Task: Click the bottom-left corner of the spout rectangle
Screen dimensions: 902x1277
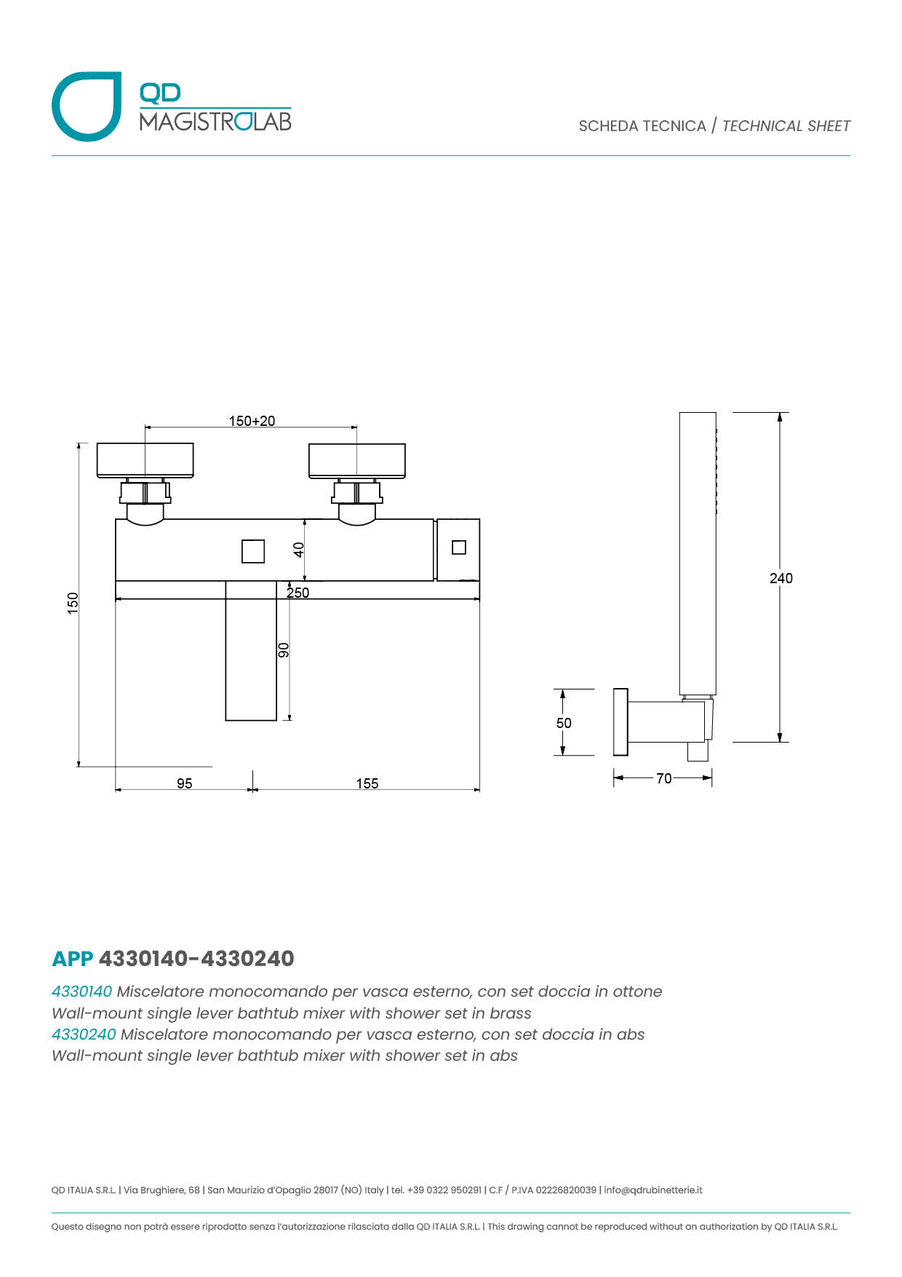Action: click(x=225, y=720)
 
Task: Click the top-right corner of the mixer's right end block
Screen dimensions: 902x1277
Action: click(x=479, y=519)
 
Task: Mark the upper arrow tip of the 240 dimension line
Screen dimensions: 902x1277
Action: click(x=780, y=413)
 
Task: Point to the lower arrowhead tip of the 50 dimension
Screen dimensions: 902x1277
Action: click(x=562, y=755)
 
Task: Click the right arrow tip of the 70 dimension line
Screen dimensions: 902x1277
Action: click(x=712, y=778)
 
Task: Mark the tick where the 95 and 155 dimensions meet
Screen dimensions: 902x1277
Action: click(x=252, y=789)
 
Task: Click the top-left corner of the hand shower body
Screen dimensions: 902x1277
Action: click(x=679, y=413)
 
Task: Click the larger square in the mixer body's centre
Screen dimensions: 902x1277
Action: click(x=253, y=551)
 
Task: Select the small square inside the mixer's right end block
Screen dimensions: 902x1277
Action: click(x=459, y=547)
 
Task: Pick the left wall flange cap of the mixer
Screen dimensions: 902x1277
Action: click(x=145, y=461)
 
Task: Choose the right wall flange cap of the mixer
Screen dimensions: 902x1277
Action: click(x=357, y=461)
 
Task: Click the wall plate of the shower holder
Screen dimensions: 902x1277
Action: click(x=620, y=721)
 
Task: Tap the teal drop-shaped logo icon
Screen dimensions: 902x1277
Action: click(x=87, y=106)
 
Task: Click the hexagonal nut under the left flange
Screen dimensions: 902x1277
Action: click(x=145, y=493)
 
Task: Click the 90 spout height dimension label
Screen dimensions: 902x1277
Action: click(x=284, y=650)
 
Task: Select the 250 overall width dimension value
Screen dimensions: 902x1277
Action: click(x=298, y=593)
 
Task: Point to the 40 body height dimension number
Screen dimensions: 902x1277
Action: click(x=298, y=550)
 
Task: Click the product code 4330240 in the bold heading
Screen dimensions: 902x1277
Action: click(x=247, y=958)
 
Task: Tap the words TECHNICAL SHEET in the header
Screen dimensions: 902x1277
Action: click(x=786, y=126)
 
